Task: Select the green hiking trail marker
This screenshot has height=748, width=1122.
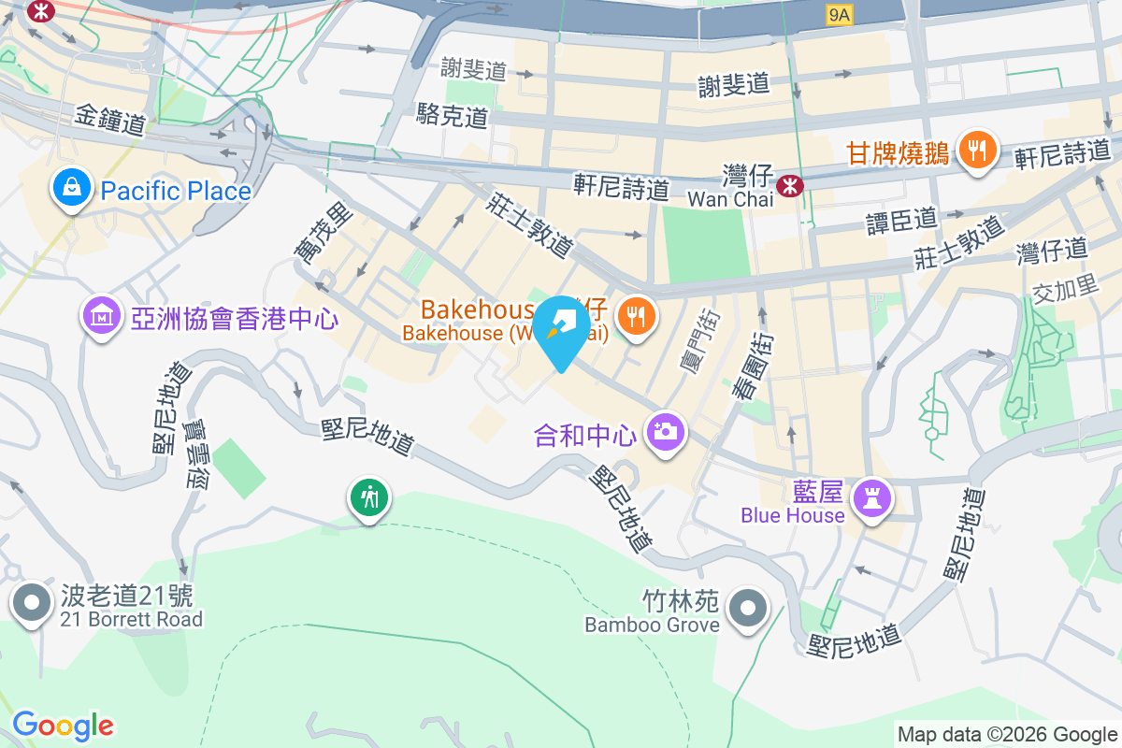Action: [x=369, y=497]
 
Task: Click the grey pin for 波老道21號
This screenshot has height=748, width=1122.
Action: [x=33, y=602]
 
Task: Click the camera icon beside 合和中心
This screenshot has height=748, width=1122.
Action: [x=665, y=431]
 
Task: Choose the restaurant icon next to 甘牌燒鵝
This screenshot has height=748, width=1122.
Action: [x=977, y=150]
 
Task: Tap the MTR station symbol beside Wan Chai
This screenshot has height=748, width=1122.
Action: [x=791, y=185]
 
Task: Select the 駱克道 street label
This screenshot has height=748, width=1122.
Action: [x=453, y=117]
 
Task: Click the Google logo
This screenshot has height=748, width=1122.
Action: [x=63, y=725]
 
